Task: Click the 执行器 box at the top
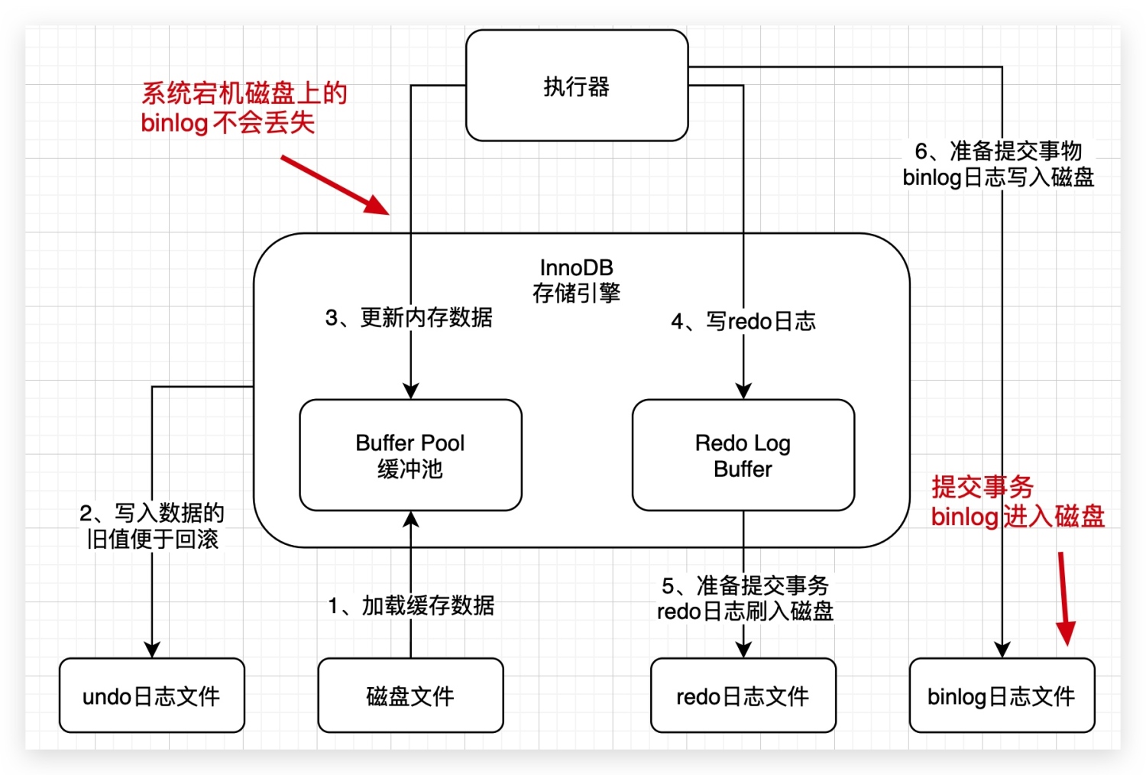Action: [x=577, y=86]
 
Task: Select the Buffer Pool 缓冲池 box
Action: [x=410, y=455]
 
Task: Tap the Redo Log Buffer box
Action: [x=743, y=455]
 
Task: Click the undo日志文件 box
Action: [x=151, y=696]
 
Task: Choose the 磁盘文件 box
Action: [x=410, y=696]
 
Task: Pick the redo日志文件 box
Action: [x=743, y=696]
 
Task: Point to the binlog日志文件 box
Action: [x=1002, y=696]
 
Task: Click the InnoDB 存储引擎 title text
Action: [x=577, y=280]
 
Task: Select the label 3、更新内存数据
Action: [x=409, y=317]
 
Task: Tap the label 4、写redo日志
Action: [x=743, y=321]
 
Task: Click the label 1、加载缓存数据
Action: [x=411, y=605]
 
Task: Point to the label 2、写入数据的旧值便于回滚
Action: [x=152, y=526]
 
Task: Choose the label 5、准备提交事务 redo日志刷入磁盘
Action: [x=745, y=598]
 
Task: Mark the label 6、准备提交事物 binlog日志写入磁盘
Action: [x=999, y=164]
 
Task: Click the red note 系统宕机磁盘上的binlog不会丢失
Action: [x=243, y=108]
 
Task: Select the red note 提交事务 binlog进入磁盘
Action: [x=1017, y=501]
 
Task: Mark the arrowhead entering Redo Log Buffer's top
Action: [x=743, y=391]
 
